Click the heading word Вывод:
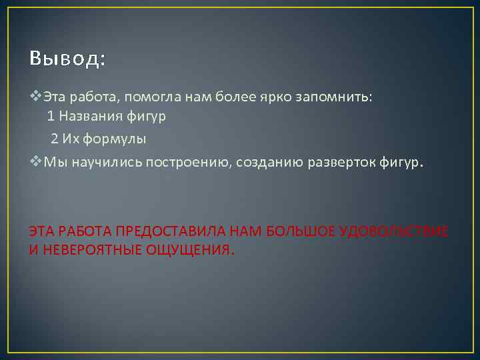click(x=67, y=59)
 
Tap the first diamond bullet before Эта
click(x=36, y=97)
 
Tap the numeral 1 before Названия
click(x=51, y=116)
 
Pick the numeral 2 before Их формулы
click(x=55, y=139)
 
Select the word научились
click(x=95, y=164)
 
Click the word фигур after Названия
click(x=148, y=117)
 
